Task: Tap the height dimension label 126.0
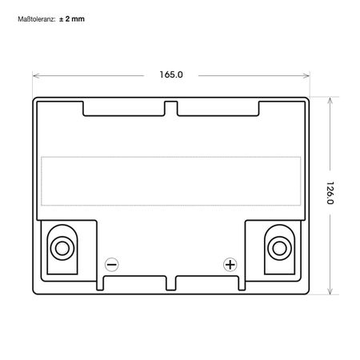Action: point(330,194)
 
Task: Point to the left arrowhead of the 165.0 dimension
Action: point(35,75)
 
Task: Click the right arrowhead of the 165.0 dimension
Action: point(306,75)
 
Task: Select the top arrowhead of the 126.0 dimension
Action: point(330,101)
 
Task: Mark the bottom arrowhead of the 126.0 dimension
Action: point(330,291)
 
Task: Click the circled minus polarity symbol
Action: point(112,264)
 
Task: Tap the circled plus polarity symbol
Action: point(230,264)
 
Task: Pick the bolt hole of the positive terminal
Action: point(279,246)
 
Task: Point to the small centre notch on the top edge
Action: point(170,106)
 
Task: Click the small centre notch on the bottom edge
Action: point(170,282)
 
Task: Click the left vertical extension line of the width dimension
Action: point(32,83)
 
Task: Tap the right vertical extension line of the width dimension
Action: point(310,83)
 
